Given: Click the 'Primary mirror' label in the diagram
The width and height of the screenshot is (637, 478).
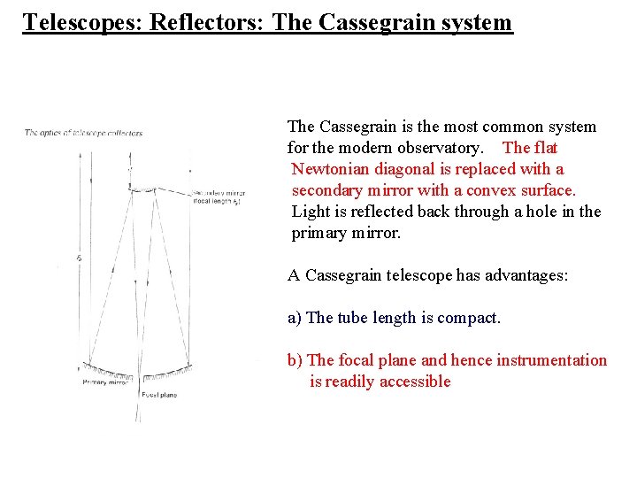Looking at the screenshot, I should click(107, 382).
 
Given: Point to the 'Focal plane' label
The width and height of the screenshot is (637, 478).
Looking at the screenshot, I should click(159, 395).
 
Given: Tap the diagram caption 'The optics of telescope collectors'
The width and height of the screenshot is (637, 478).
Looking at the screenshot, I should click(83, 134).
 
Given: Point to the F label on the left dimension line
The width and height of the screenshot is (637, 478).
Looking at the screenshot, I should click(80, 258).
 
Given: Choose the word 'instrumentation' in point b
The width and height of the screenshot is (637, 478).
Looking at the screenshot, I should click(552, 360).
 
